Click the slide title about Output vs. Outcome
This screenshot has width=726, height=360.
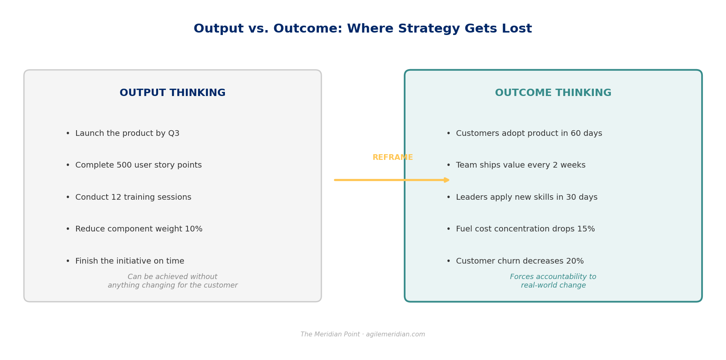(363, 29)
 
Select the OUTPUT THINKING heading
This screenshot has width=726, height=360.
(172, 93)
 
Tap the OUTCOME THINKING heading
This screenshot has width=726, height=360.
(553, 93)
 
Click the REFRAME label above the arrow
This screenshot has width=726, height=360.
(392, 157)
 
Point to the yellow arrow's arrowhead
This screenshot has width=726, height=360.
(447, 180)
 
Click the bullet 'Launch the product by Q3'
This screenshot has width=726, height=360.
(122, 133)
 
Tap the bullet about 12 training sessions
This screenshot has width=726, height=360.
(129, 197)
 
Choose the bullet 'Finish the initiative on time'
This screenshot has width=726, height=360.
(125, 261)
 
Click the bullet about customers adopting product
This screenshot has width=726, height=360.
(524, 133)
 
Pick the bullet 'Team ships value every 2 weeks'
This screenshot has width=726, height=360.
(516, 165)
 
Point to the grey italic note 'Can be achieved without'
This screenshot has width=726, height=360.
(172, 277)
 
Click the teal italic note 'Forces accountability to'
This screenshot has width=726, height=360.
(553, 277)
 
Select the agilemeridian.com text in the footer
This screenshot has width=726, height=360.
(395, 334)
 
